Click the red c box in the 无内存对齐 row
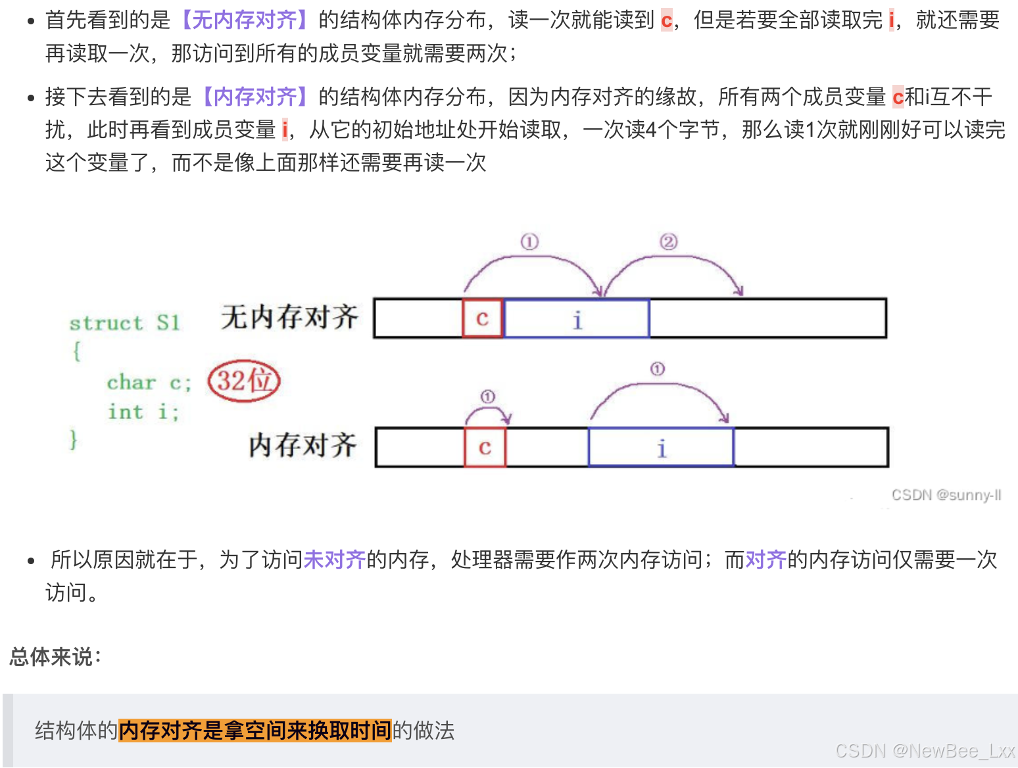483,319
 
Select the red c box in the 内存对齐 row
485,448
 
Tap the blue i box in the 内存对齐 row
661,448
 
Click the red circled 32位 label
244,381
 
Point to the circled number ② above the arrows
668,242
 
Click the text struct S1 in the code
124,323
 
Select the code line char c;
149,383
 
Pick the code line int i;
143,412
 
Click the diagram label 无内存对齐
289,317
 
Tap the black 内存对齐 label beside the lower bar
303,445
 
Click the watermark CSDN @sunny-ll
946,495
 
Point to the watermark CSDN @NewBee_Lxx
925,751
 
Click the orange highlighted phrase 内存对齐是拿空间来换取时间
255,731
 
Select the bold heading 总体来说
55,656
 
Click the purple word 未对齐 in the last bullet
334,560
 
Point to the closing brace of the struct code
74,439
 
